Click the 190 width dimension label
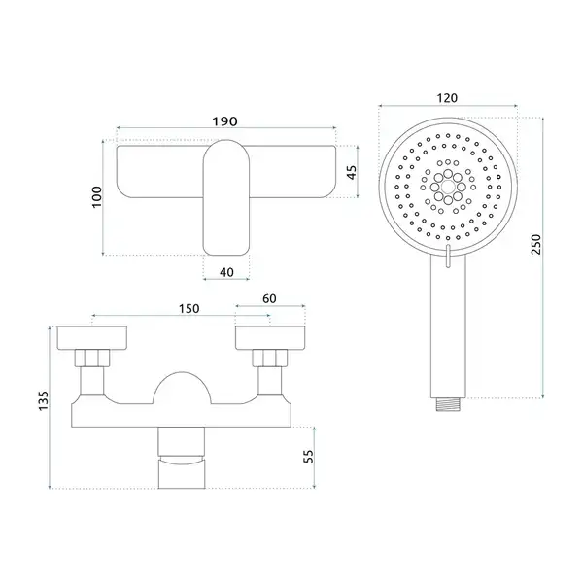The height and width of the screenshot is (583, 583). click(224, 121)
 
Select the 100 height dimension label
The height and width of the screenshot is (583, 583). click(96, 196)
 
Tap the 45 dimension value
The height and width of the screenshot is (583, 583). click(352, 172)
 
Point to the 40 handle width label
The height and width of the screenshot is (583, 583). click(226, 272)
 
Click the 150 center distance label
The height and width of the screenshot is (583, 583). click(189, 309)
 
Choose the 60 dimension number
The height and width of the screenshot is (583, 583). click(269, 298)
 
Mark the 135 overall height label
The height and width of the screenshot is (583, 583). click(44, 400)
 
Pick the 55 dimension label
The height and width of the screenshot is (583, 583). click(308, 457)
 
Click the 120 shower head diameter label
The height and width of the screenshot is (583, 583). click(447, 98)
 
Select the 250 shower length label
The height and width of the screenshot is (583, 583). click(535, 244)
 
